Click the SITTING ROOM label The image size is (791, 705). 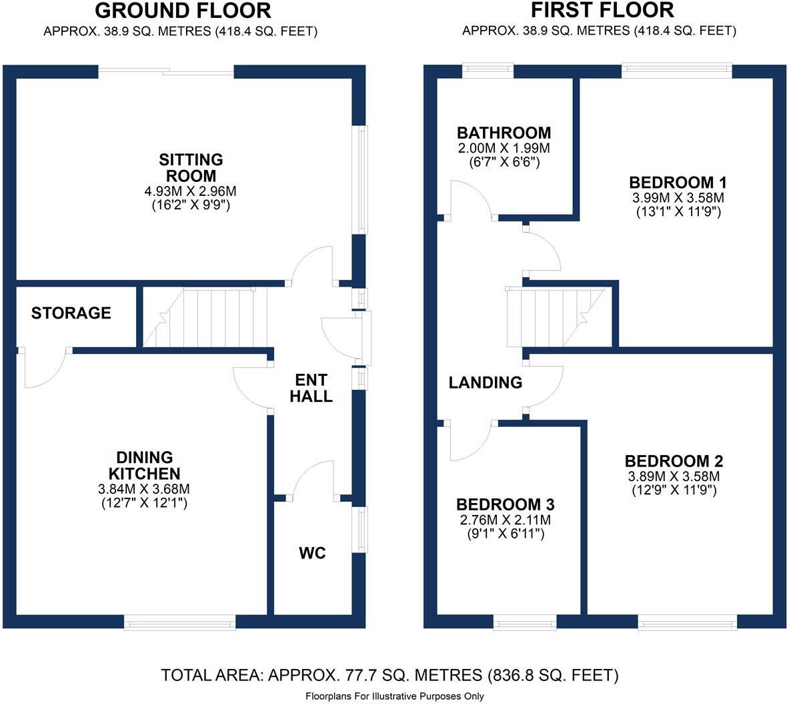click(x=191, y=168)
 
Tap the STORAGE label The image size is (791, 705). click(x=71, y=313)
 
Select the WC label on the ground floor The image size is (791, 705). click(x=312, y=553)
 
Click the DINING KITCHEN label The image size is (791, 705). click(x=144, y=465)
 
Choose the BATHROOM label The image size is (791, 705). click(x=504, y=133)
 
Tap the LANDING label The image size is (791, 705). click(x=485, y=382)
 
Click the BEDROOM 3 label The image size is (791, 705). click(x=505, y=504)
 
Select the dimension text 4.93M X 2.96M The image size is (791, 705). click(x=191, y=191)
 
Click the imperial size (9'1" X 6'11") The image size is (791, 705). click(x=505, y=534)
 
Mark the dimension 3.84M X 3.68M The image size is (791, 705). click(x=144, y=489)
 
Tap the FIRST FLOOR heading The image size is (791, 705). click(x=602, y=10)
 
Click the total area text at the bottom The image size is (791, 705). click(x=390, y=675)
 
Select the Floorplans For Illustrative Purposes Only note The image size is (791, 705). click(x=395, y=696)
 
